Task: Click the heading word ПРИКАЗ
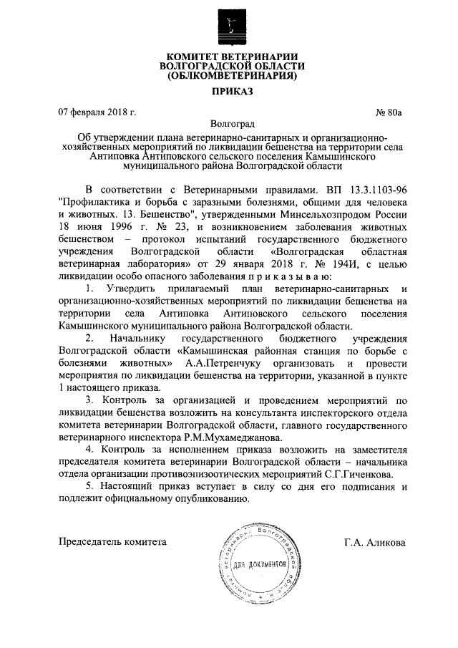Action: coord(231,92)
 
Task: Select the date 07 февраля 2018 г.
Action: coord(97,112)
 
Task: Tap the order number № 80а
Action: coord(390,112)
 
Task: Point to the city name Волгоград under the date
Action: coord(231,124)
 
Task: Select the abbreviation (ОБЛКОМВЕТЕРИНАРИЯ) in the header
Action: coord(231,74)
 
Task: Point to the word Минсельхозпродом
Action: coord(325,214)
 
